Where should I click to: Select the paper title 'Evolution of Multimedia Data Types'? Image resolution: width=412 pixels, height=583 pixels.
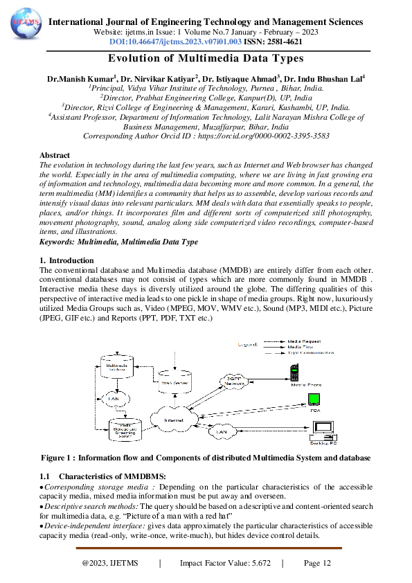pos(206,60)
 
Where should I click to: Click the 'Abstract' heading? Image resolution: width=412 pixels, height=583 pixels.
pos(55,156)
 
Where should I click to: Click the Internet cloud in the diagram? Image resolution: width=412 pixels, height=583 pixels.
pos(174,420)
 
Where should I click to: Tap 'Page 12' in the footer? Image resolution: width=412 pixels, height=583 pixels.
pos(317,564)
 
